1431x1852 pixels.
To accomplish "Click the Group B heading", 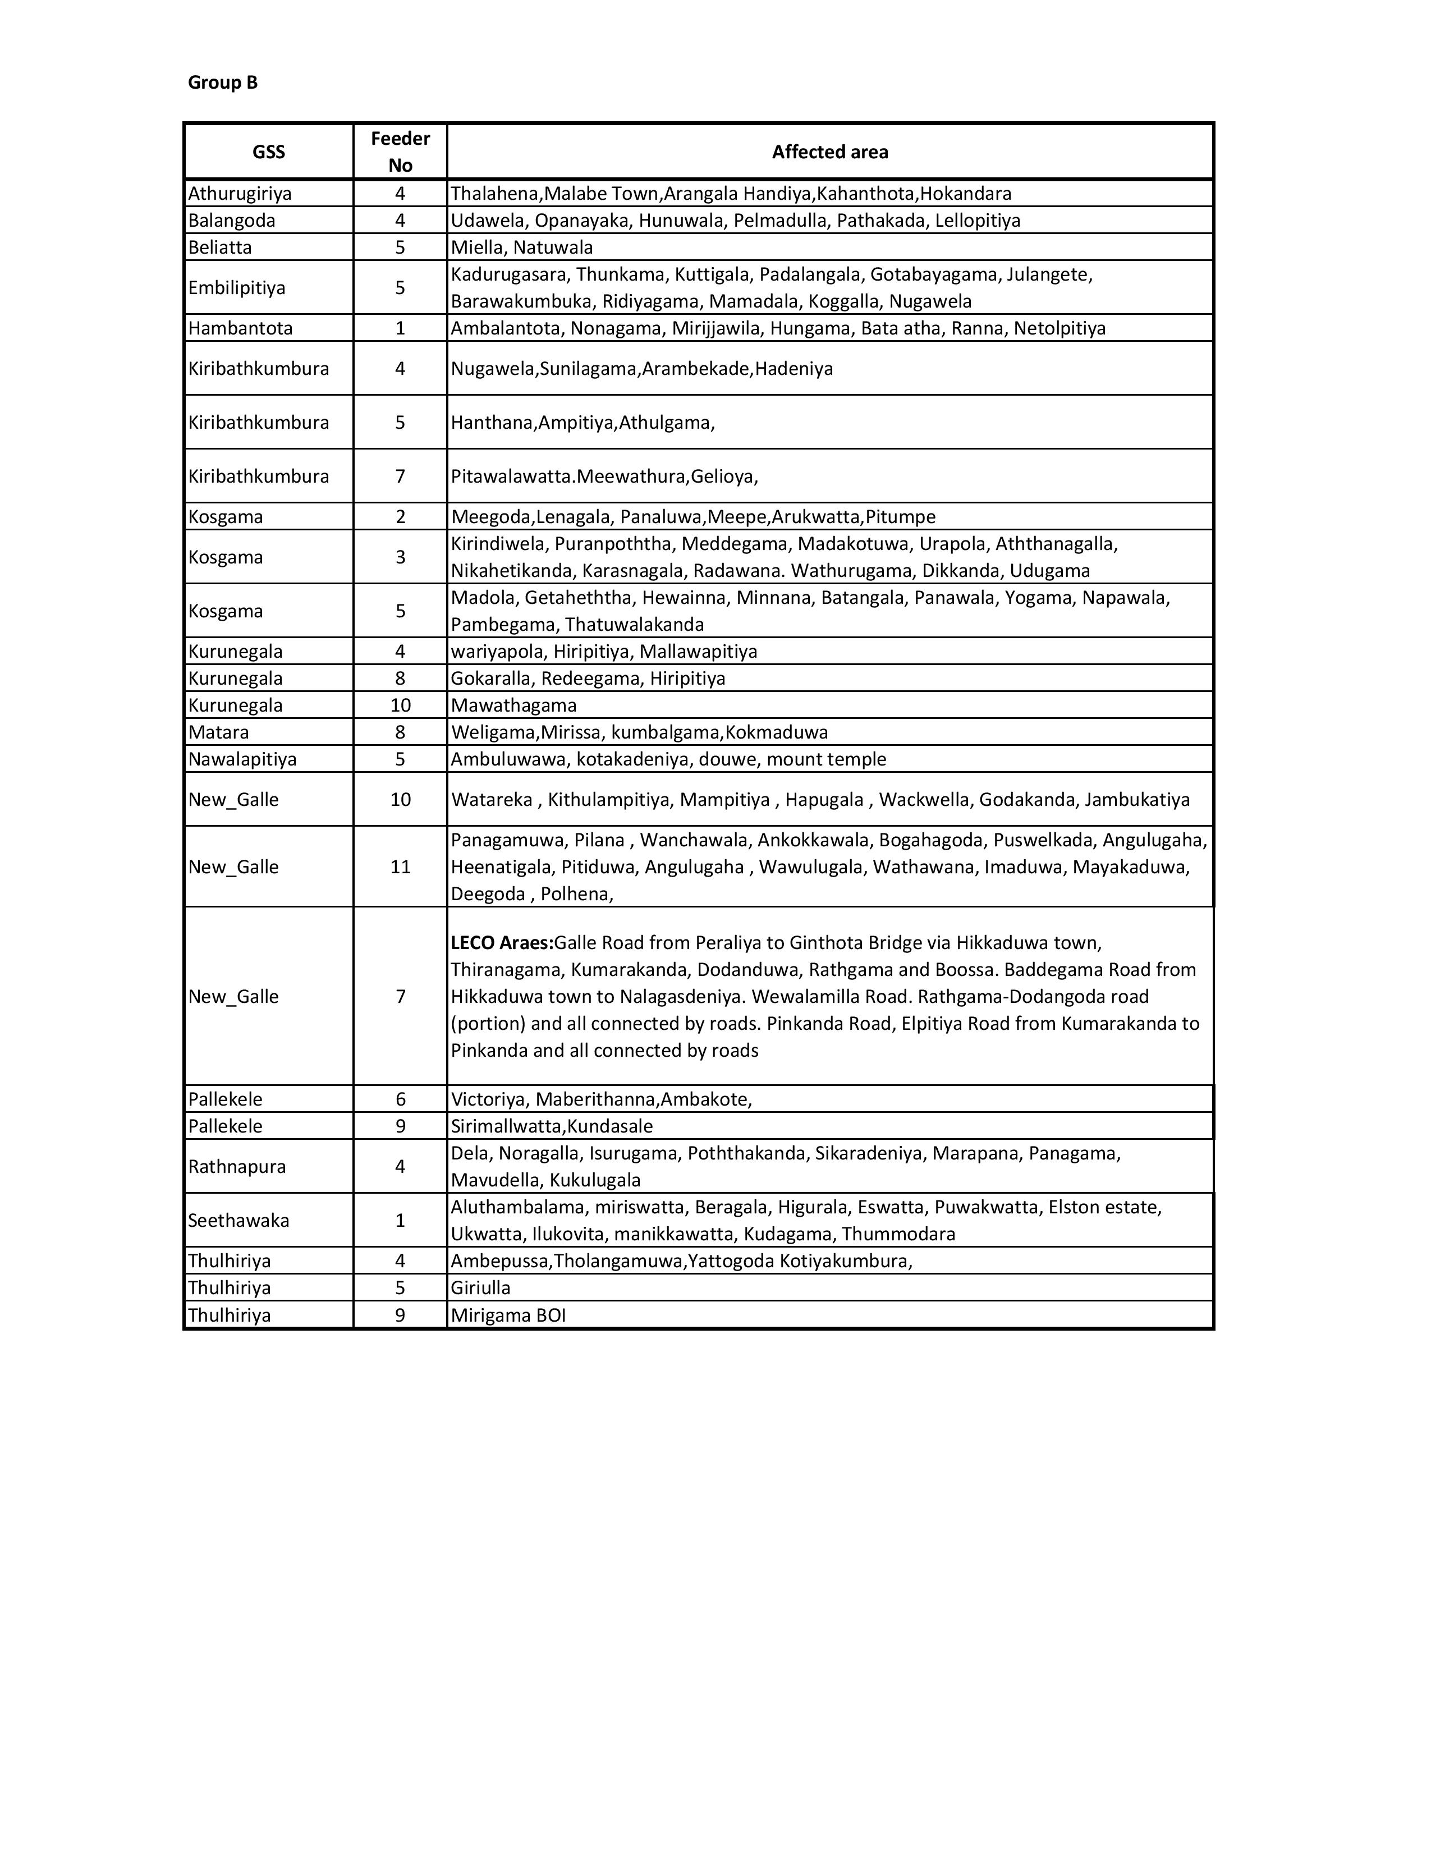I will click(222, 82).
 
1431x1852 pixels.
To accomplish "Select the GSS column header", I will click(269, 152).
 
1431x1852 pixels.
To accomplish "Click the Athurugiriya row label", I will click(240, 194).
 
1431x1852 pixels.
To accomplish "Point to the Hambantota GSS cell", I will click(240, 328).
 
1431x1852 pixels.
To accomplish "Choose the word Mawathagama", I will click(513, 705).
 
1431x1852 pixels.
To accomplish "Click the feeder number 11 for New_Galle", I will click(400, 867).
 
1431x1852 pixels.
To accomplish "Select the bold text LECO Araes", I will click(501, 943).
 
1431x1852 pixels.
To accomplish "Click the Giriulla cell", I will click(481, 1288).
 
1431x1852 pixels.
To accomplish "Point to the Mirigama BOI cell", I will click(508, 1315).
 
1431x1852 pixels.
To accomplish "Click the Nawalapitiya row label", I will click(242, 759).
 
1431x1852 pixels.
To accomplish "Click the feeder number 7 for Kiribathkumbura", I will click(400, 476).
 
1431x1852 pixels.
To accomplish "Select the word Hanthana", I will click(492, 422).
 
